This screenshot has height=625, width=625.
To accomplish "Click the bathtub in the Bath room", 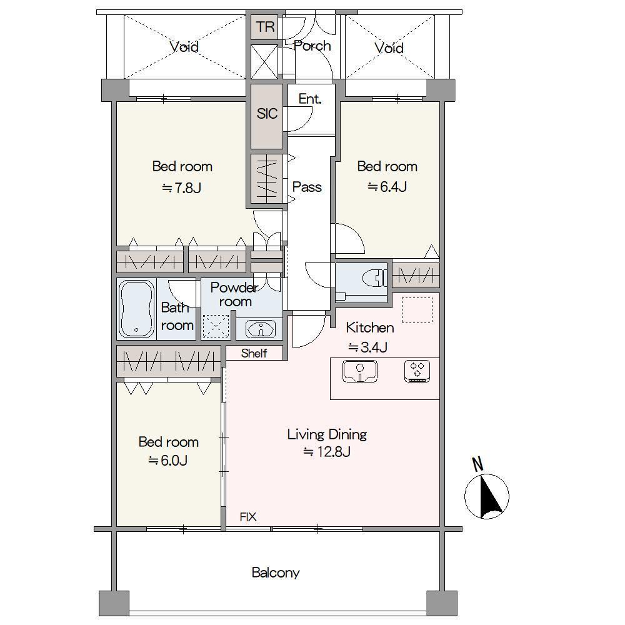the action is click(136, 309).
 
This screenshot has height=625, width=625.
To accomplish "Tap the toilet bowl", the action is click(374, 278).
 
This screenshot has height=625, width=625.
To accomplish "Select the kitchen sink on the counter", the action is click(360, 371).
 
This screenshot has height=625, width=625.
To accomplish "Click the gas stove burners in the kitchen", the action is click(417, 371).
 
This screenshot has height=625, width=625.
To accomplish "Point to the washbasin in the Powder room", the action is click(261, 329).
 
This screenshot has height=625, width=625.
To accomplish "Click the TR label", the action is click(265, 27).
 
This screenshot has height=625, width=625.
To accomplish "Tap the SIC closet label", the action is click(267, 114).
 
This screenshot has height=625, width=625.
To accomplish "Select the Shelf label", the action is click(254, 353).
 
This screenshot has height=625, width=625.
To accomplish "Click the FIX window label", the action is click(248, 517).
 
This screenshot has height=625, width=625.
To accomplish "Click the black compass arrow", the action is click(491, 496).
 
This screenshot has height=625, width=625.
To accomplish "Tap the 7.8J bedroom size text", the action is click(182, 187).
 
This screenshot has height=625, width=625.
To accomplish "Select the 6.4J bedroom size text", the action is click(387, 186).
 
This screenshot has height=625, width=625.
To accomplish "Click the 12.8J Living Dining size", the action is click(327, 452).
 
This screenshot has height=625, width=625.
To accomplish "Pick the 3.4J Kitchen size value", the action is click(368, 347).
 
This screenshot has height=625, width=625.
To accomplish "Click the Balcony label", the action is click(276, 572).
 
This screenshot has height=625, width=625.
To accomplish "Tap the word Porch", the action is click(312, 46).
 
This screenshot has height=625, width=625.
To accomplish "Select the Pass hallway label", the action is click(307, 186).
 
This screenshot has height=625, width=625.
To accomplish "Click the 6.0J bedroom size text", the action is click(167, 461).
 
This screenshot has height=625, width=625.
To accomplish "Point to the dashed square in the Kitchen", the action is click(417, 310).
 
